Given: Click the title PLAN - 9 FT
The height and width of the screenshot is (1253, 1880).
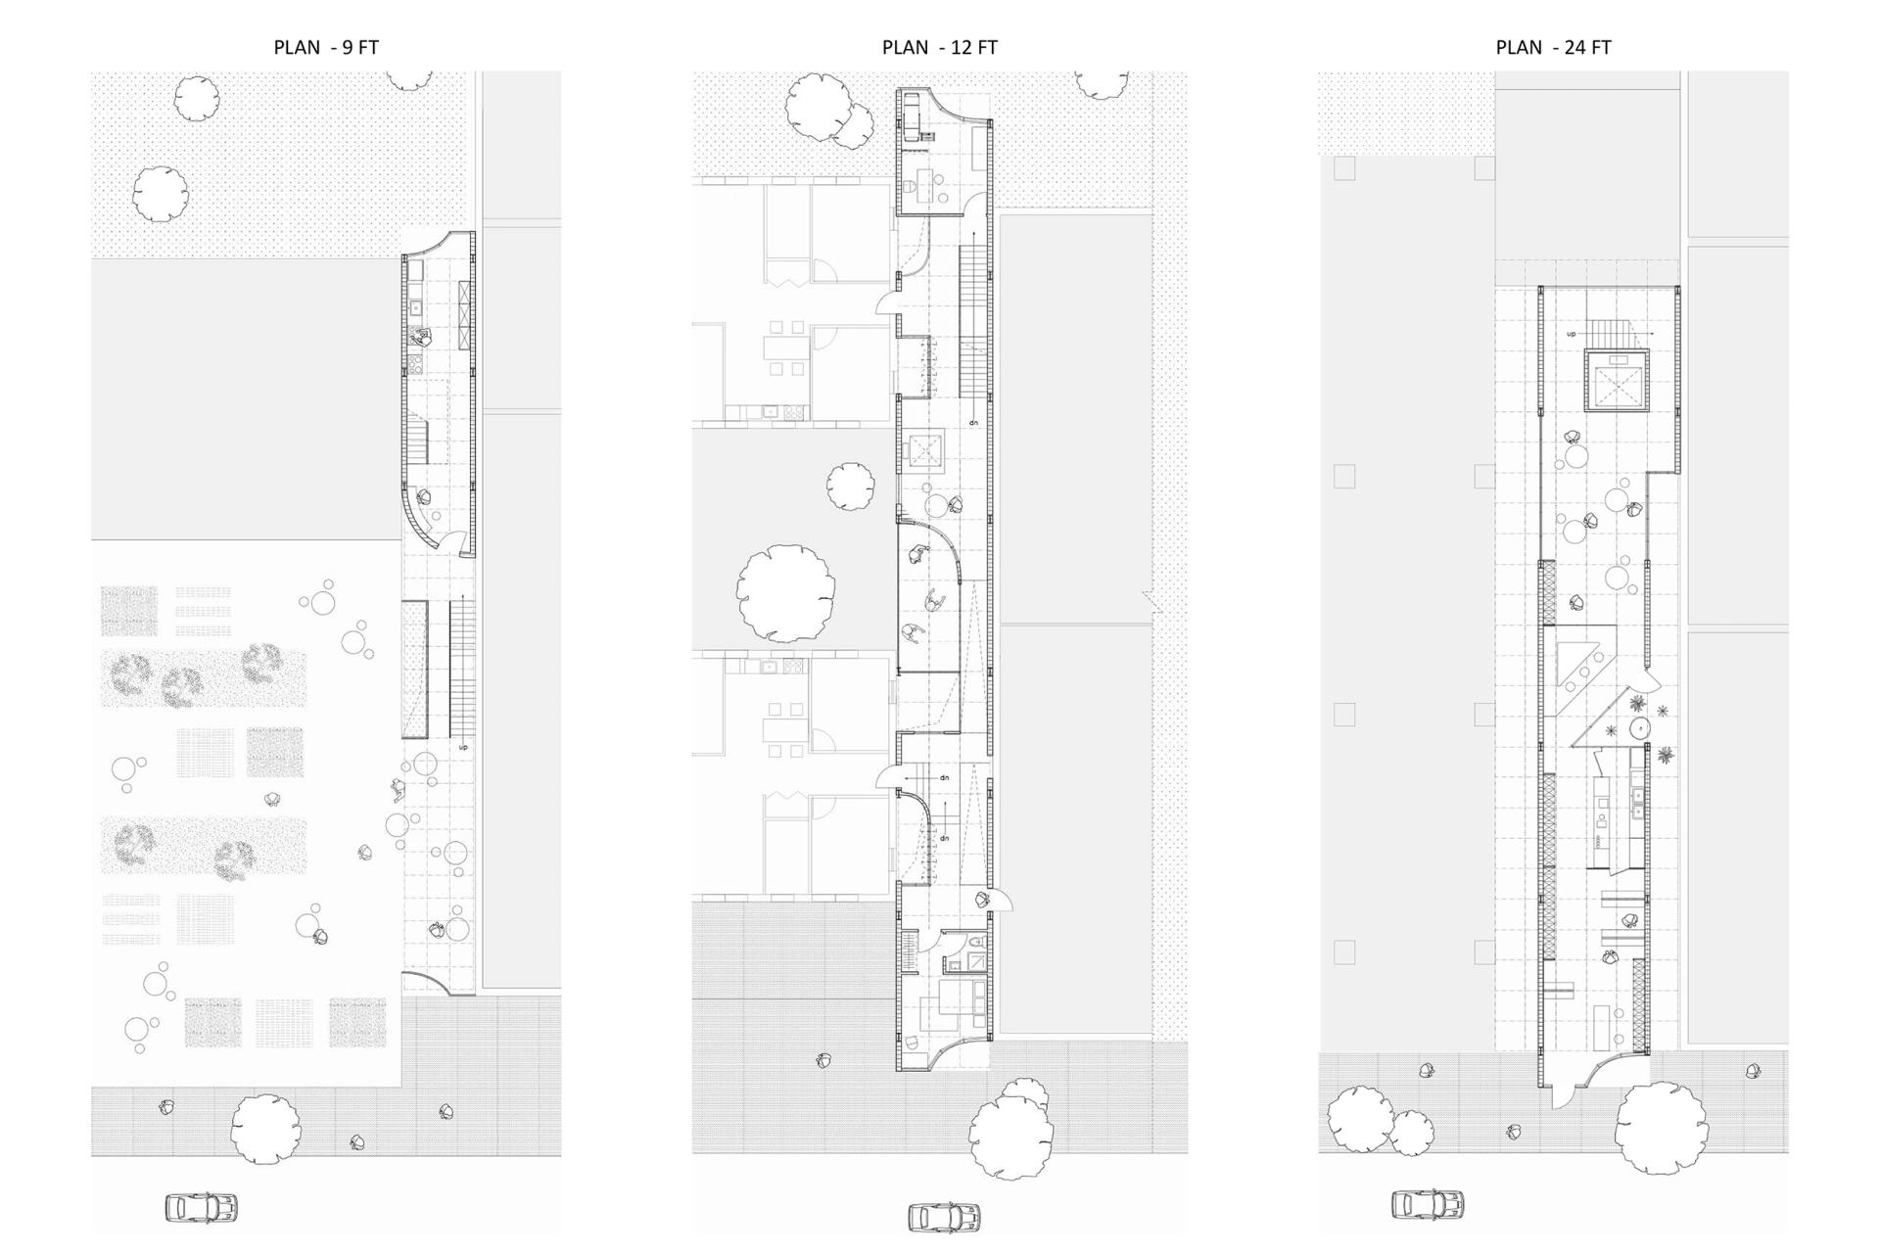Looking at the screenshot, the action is [326, 47].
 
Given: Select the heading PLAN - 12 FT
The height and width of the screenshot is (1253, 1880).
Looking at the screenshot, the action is [939, 47].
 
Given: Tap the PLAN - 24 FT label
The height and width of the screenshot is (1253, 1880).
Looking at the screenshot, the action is [1553, 47].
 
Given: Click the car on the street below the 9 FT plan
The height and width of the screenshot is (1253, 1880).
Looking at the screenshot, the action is [202, 1208].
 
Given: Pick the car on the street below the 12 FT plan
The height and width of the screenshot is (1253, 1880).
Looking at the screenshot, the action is [944, 1217].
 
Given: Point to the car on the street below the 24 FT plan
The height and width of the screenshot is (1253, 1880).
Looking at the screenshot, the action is [1428, 1204].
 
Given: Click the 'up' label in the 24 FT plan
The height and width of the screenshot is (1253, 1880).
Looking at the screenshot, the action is [1572, 334].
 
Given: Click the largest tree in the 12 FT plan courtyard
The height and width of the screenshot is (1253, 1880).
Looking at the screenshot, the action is [786, 593].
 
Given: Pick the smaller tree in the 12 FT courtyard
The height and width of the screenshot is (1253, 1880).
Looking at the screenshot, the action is [850, 486].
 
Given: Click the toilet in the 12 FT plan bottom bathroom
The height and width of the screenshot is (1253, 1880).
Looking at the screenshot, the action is [974, 941].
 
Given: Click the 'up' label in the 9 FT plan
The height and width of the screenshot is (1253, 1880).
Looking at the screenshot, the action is [464, 748].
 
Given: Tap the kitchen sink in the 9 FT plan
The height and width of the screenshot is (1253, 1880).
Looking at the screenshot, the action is [415, 307].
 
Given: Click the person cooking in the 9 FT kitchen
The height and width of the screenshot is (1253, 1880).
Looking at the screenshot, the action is [422, 338].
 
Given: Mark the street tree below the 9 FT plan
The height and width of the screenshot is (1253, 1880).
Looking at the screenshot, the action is [265, 1129].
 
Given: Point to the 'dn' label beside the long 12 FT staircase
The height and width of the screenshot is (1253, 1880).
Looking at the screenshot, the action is [973, 423].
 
